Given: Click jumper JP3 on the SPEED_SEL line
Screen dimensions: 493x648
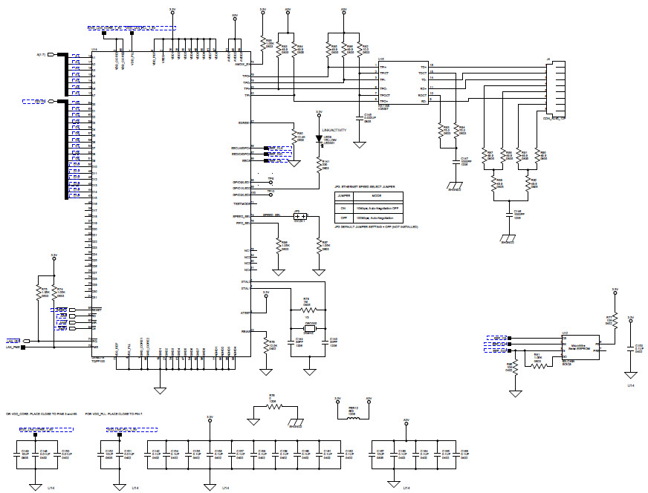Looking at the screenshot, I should tap(300, 216).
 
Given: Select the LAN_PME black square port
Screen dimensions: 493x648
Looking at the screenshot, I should tap(24, 346).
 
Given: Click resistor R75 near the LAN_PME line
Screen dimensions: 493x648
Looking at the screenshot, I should tap(38, 293).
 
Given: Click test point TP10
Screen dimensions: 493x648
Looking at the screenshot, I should tap(271, 191).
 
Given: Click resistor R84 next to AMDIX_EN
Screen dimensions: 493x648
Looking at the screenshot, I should tap(262, 42).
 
